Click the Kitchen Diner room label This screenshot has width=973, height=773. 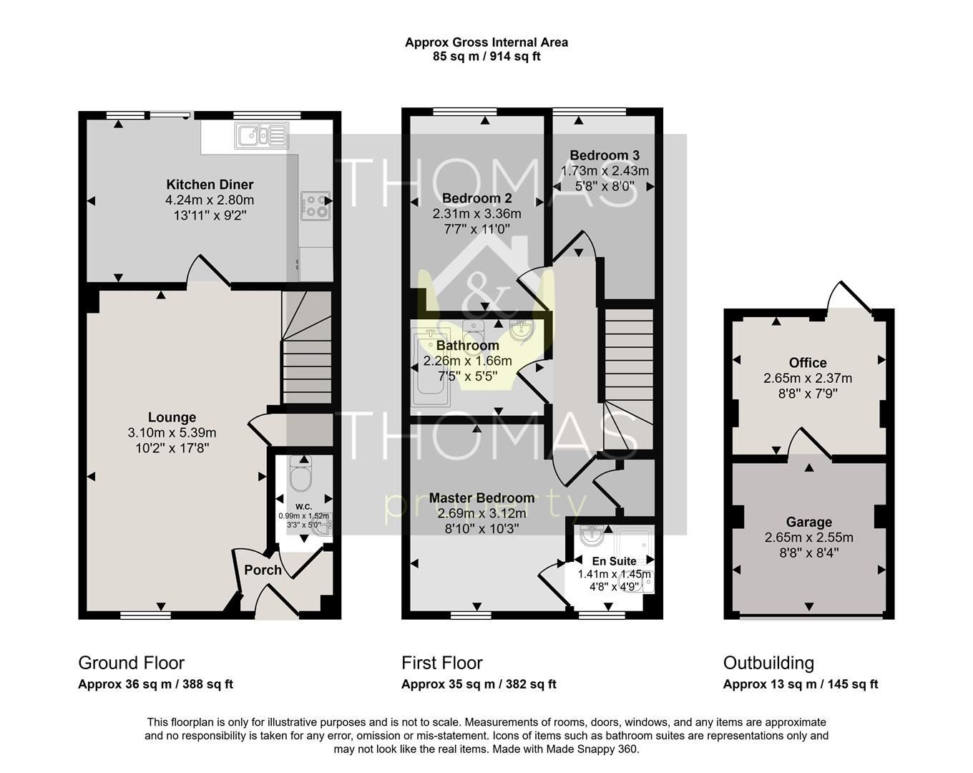210,185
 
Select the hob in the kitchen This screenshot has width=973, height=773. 316,205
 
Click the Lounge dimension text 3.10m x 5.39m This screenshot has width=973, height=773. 172,433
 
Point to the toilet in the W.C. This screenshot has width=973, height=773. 300,474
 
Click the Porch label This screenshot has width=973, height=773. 263,570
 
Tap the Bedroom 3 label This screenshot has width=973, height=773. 605,155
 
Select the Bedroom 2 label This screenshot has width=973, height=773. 476,198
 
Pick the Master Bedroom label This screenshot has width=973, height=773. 481,497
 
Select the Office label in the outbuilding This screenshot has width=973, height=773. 808,363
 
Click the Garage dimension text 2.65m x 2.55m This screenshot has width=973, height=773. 808,538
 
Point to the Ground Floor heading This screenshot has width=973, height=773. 131,663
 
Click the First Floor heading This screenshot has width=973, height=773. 441,663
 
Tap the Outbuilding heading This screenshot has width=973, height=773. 768,663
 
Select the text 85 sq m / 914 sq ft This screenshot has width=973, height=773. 486,57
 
